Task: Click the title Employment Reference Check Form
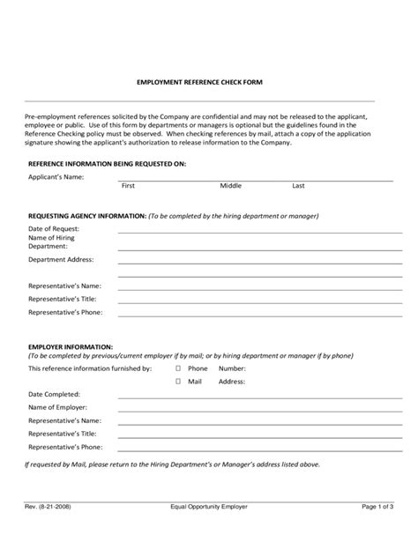click(x=199, y=82)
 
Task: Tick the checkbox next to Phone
click(x=177, y=368)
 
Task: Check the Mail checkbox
click(x=177, y=382)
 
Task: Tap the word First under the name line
click(x=128, y=186)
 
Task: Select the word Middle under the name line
click(x=230, y=186)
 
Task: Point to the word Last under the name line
click(x=298, y=186)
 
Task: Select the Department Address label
click(x=61, y=259)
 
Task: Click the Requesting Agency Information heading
click(x=87, y=215)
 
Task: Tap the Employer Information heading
click(x=71, y=346)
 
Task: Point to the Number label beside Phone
click(x=232, y=368)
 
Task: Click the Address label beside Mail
click(x=231, y=382)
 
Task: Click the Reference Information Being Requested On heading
click(x=107, y=164)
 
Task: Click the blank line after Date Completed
click(x=256, y=397)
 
